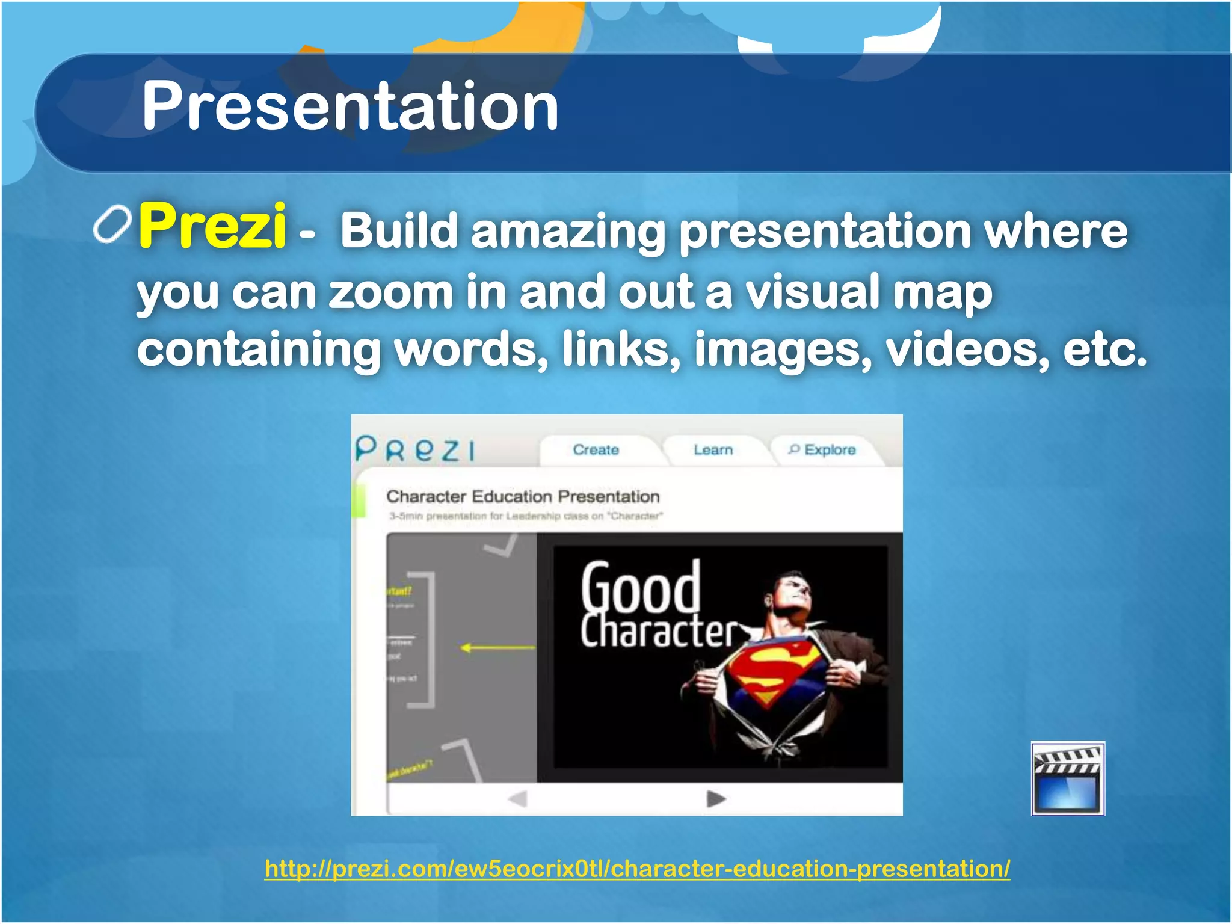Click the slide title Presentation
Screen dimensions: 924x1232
[x=350, y=106]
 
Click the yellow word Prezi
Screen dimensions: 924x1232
[x=212, y=226]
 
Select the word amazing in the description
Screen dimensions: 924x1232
[x=568, y=232]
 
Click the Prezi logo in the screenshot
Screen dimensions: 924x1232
[x=415, y=449]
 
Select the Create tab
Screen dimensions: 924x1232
[x=596, y=450]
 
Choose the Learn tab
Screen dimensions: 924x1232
[x=713, y=450]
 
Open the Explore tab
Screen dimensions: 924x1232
[x=822, y=450]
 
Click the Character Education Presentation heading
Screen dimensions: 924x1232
[x=523, y=496]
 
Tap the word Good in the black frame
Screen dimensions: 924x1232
[x=640, y=587]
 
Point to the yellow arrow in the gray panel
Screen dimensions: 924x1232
[x=497, y=648]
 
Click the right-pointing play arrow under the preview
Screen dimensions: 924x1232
[x=716, y=799]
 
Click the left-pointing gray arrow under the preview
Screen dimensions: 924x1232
[x=517, y=799]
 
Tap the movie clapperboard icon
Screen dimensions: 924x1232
[x=1068, y=778]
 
